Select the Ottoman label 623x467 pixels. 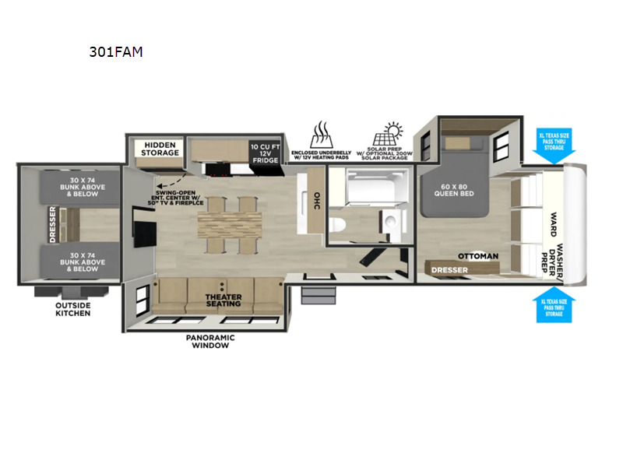477,255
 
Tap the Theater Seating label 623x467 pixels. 224,300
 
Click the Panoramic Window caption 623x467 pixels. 210,341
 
